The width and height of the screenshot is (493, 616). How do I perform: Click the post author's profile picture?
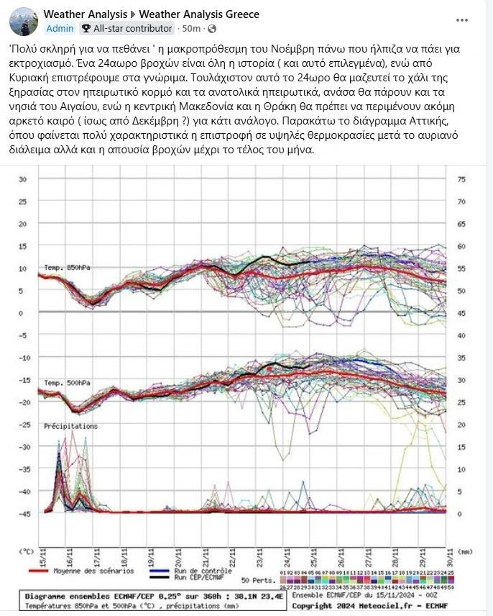click(24, 22)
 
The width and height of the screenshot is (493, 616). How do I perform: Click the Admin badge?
click(60, 29)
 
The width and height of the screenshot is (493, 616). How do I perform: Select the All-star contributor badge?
click(126, 29)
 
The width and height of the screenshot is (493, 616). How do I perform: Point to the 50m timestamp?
click(191, 29)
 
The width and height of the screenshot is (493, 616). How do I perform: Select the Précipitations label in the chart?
click(70, 426)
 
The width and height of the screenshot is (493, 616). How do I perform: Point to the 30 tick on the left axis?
click(23, 179)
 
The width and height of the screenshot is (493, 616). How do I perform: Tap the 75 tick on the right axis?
click(461, 179)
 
